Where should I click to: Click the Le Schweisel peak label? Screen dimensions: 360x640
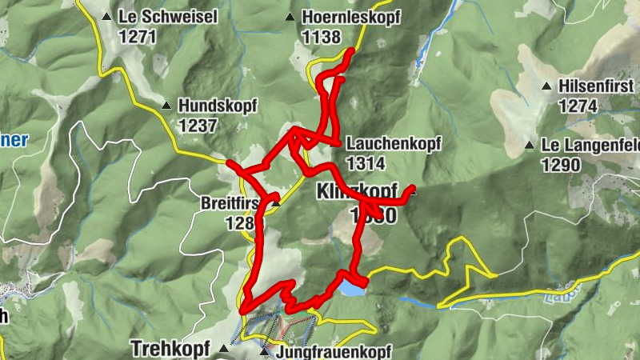click(167, 16)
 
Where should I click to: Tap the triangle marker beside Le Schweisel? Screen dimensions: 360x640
click(106, 16)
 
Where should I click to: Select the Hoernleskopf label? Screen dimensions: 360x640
click(350, 17)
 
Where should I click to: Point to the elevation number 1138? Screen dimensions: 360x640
click(322, 37)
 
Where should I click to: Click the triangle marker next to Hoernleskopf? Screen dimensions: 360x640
click(290, 17)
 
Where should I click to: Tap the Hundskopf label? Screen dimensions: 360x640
click(220, 105)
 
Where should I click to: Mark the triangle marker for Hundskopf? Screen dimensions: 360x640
click(166, 106)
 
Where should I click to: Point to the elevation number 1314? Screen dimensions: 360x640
click(366, 163)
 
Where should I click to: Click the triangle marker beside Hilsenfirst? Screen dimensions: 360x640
click(546, 86)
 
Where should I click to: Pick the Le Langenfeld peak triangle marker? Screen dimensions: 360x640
click(529, 146)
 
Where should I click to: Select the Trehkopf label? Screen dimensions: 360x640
click(171, 349)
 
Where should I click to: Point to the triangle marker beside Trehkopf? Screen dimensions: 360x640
click(223, 350)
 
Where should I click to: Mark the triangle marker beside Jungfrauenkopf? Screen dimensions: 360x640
click(265, 351)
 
